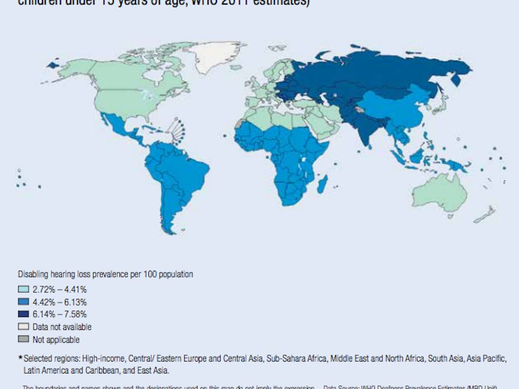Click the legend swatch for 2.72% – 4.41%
click(x=23, y=290)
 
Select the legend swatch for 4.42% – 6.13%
click(x=23, y=302)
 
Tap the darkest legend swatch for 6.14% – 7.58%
click(x=23, y=315)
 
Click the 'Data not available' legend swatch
click(x=23, y=327)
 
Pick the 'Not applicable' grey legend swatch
click(x=23, y=340)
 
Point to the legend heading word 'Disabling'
click(x=33, y=274)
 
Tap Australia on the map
click(x=439, y=195)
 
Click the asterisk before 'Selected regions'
click(x=20, y=358)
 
